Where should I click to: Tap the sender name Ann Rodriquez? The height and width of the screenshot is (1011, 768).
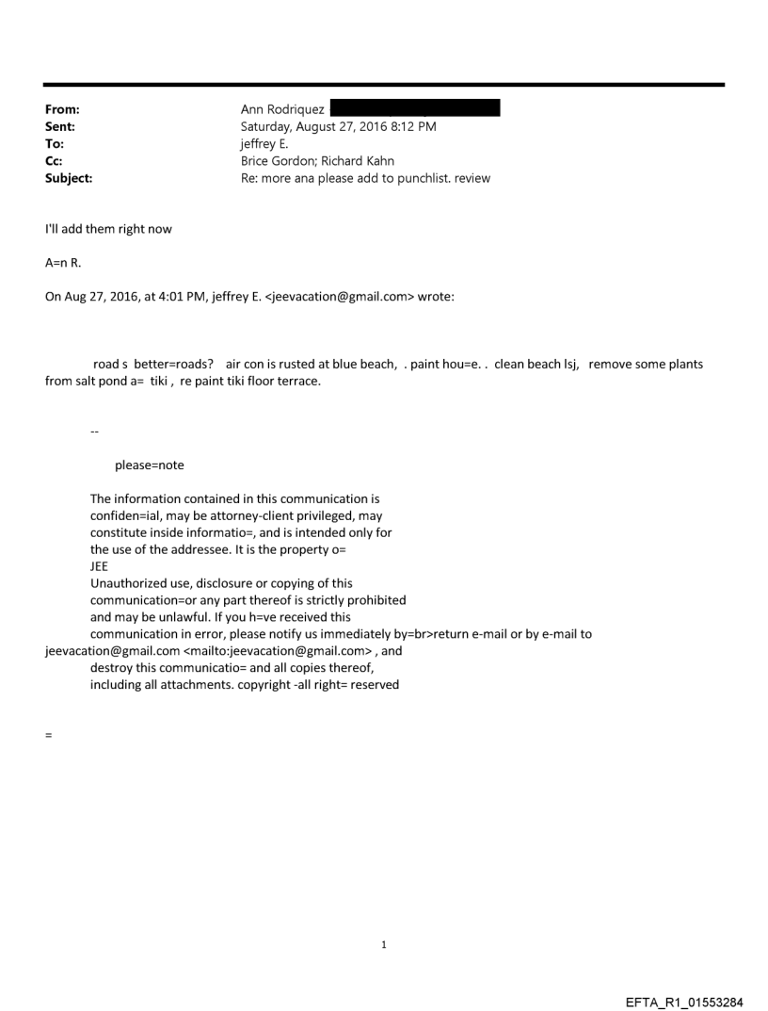tap(279, 108)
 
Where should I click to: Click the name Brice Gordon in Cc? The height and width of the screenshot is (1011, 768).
tap(279, 161)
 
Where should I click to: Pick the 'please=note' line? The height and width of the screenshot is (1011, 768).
tap(149, 465)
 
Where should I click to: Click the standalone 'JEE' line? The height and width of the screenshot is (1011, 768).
tap(100, 567)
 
